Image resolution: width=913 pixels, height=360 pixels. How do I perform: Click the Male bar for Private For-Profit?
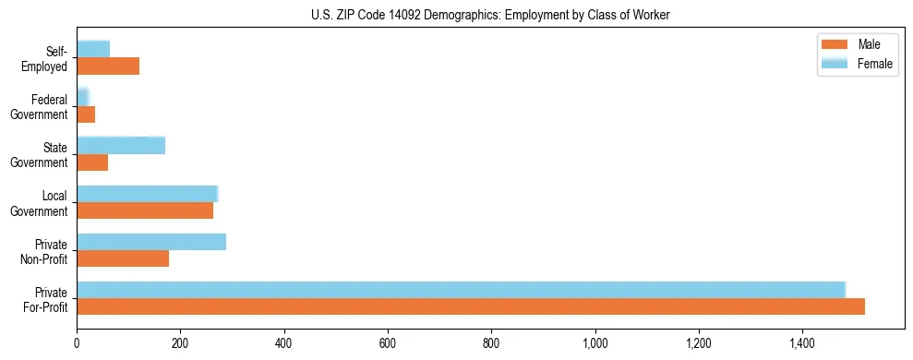(471, 306)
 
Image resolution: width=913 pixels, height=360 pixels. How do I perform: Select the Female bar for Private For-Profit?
(461, 290)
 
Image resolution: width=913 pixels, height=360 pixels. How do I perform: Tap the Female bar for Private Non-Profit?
(151, 242)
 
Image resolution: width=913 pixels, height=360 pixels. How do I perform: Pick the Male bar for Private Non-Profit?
(123, 258)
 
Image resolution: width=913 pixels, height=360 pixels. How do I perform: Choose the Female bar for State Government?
(121, 145)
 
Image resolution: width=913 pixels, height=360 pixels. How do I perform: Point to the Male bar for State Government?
(92, 162)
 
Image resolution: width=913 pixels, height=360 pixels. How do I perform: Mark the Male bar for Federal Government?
(86, 114)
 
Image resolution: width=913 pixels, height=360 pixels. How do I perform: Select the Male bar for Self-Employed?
(108, 66)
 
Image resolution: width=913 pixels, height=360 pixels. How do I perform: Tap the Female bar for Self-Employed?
(93, 49)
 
